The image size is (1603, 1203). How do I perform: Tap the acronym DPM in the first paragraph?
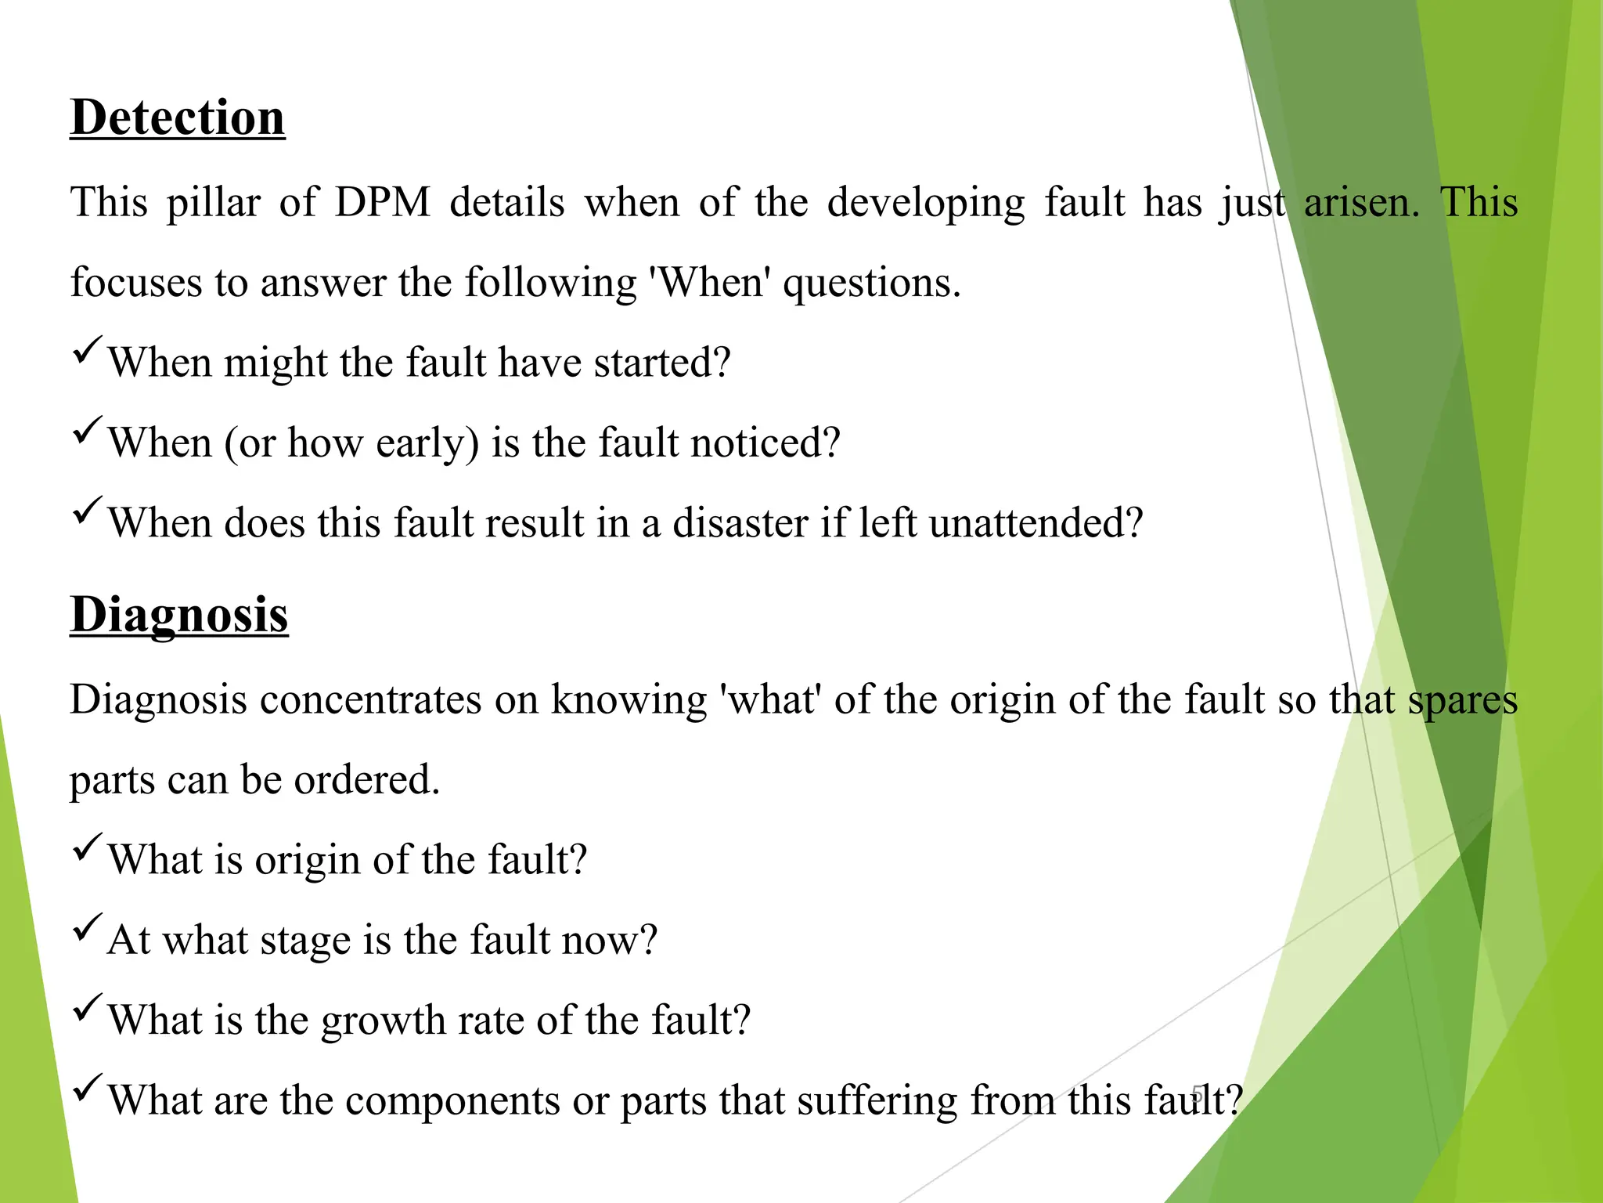point(383,202)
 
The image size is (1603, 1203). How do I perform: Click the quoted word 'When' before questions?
point(711,282)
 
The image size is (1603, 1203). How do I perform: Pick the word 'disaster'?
point(740,522)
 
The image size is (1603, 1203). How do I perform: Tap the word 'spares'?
point(1463,701)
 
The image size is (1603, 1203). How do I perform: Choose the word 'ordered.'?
point(367,780)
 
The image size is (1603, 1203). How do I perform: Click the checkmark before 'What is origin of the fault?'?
point(86,847)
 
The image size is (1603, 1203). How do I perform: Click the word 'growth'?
point(383,1021)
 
